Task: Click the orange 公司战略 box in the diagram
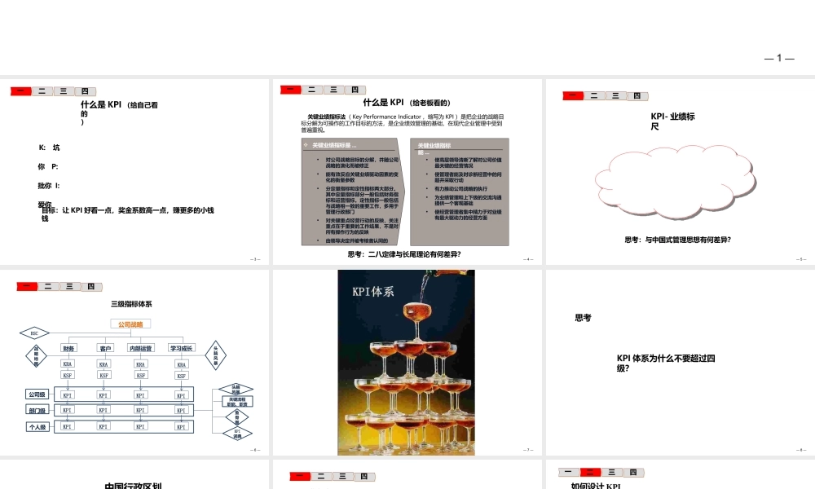click(130, 324)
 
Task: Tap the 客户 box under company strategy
click(105, 348)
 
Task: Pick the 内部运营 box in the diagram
click(141, 348)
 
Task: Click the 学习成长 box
click(181, 348)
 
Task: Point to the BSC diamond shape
click(34, 333)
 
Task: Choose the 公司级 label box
click(37, 394)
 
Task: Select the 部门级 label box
click(37, 410)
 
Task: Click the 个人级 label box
click(37, 426)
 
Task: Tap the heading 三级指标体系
click(131, 304)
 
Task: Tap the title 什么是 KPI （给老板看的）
click(407, 103)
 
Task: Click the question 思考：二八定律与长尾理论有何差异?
click(410, 253)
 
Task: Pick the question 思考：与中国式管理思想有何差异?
click(677, 240)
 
